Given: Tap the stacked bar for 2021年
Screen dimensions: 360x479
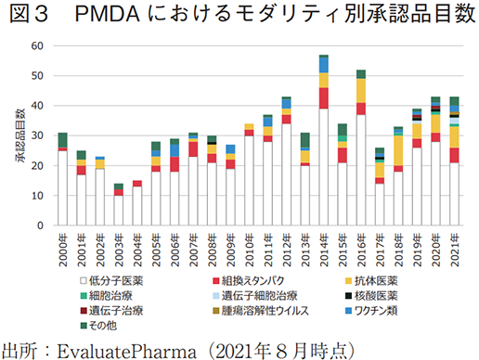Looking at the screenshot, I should (x=454, y=161).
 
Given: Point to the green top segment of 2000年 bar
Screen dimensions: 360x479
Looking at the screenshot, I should (x=63, y=140).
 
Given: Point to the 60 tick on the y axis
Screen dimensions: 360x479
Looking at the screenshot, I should (x=37, y=46).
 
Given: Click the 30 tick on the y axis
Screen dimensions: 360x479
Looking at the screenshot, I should (x=37, y=135).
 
